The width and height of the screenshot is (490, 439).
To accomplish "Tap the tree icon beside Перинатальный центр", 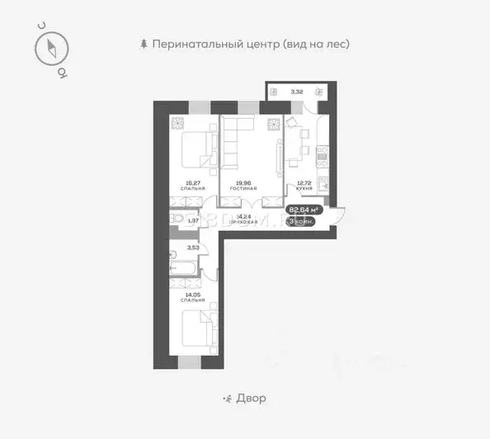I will tap(145, 44).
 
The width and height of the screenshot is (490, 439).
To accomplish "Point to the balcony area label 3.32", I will tap(297, 91).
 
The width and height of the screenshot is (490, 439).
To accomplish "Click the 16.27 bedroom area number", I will tap(194, 183).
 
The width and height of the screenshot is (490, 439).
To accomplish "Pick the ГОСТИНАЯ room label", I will tap(244, 189).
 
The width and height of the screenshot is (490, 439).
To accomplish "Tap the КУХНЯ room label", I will tap(304, 189).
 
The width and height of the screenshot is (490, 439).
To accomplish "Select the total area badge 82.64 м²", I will tap(303, 210).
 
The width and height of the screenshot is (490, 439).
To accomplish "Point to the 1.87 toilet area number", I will tap(193, 220).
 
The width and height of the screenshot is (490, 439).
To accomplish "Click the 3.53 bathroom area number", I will tap(193, 247).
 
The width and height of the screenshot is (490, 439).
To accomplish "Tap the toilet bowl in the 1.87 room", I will tap(176, 220).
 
